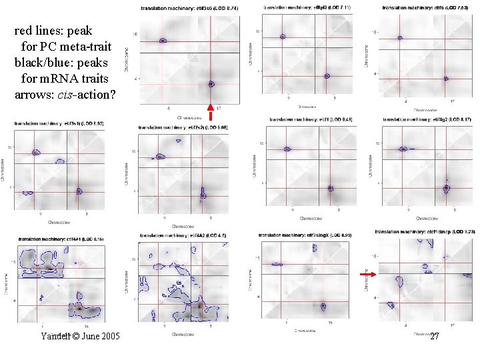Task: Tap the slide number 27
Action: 435,337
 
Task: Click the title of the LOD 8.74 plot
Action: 186,8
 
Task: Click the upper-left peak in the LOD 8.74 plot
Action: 163,41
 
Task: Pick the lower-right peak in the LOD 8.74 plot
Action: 211,84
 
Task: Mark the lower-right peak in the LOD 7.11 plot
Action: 327,77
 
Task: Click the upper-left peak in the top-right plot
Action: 399,38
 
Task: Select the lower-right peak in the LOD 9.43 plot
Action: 330,188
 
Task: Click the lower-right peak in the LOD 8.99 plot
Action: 323,306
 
